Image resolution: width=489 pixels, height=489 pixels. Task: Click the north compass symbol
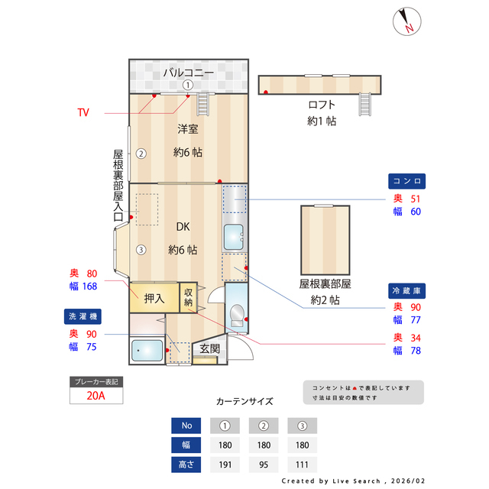click(x=406, y=21)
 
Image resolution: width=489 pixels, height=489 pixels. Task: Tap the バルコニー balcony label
click(x=187, y=73)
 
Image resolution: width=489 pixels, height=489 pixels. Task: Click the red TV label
click(x=83, y=112)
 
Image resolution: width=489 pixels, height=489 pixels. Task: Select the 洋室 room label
click(x=188, y=128)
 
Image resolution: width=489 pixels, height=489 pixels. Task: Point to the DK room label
click(x=183, y=227)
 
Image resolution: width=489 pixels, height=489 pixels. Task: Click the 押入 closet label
click(x=154, y=298)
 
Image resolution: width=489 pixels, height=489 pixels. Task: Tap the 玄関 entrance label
click(x=209, y=348)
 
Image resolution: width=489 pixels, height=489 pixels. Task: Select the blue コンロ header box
click(x=407, y=182)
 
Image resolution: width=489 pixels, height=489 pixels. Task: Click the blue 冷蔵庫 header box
click(x=407, y=291)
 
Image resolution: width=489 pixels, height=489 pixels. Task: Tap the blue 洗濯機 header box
click(x=82, y=316)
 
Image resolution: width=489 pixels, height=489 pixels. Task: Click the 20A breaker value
click(x=96, y=395)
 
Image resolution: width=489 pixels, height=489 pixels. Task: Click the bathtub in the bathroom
click(x=147, y=351)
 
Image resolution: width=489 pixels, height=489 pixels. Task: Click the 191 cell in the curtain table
click(x=225, y=465)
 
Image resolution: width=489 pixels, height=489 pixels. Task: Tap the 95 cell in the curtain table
click(x=264, y=465)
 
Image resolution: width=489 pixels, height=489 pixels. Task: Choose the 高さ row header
click(x=186, y=465)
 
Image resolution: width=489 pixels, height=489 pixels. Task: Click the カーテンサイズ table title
click(x=244, y=401)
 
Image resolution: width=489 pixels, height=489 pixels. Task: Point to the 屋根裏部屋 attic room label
click(x=325, y=283)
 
